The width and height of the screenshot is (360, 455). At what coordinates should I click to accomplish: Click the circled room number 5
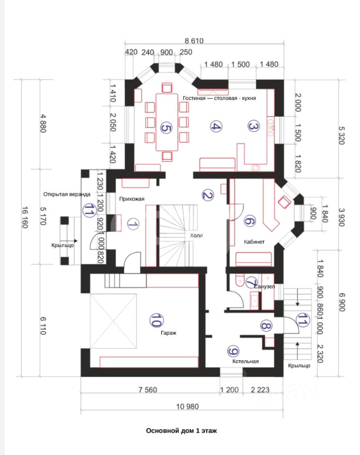166,128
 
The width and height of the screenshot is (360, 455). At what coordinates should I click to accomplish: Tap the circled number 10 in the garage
156,320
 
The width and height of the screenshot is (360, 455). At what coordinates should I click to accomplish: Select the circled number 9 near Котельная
233,351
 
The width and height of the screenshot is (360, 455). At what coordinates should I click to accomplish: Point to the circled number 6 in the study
249,221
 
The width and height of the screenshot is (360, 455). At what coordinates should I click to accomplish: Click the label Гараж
168,333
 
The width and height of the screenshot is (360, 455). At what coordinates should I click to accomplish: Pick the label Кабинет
254,242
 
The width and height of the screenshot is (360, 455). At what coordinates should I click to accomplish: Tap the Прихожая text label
132,199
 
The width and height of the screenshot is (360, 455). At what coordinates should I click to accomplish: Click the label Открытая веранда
67,194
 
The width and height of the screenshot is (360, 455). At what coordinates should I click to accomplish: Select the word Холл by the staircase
196,236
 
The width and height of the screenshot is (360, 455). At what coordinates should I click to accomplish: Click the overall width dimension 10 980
187,406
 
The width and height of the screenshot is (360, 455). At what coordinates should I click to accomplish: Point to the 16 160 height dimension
25,217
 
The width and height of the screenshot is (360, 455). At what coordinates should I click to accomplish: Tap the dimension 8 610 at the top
194,41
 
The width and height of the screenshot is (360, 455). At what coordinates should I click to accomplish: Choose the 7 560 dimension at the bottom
148,390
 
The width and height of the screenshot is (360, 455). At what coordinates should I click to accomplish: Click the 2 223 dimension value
260,390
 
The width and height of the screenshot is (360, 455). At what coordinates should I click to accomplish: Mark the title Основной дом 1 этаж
182,431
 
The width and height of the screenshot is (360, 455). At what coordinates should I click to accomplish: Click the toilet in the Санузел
240,280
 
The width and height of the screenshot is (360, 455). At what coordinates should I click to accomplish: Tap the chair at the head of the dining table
167,87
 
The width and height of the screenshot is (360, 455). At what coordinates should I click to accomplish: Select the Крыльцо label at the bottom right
299,365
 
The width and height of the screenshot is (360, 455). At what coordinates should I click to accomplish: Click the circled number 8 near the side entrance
266,326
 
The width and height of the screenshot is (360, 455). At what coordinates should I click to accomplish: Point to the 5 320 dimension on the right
342,135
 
